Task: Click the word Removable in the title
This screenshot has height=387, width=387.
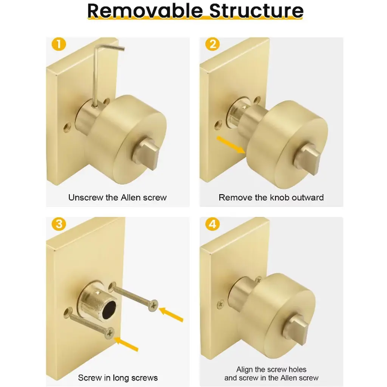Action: tap(145, 11)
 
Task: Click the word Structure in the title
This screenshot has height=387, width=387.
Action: tap(256, 11)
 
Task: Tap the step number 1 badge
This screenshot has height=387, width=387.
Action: tap(59, 45)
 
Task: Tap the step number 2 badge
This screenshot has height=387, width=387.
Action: tap(212, 45)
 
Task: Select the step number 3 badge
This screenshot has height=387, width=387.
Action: tap(59, 224)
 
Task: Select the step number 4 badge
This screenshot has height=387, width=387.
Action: tap(212, 224)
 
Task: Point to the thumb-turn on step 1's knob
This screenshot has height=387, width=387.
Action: tap(146, 154)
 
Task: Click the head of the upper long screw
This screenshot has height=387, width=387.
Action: tap(153, 305)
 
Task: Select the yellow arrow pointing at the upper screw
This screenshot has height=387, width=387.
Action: tap(171, 314)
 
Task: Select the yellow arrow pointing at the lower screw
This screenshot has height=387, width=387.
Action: tap(126, 344)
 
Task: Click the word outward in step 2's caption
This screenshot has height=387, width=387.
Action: tap(308, 197)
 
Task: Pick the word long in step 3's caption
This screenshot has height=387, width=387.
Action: tap(121, 378)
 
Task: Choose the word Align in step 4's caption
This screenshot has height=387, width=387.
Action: tap(245, 370)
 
